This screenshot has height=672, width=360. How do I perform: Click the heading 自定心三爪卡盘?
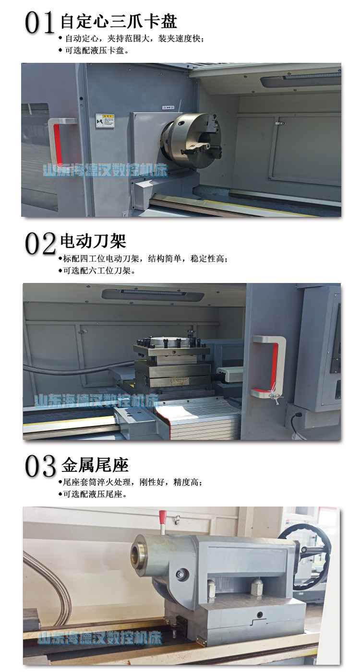click(x=119, y=22)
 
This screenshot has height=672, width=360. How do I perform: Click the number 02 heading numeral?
click(x=40, y=244)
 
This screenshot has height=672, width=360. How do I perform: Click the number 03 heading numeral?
click(x=41, y=466)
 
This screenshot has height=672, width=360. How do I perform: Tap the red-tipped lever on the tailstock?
click(x=163, y=520)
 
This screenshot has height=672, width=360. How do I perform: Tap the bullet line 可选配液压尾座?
click(x=95, y=494)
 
